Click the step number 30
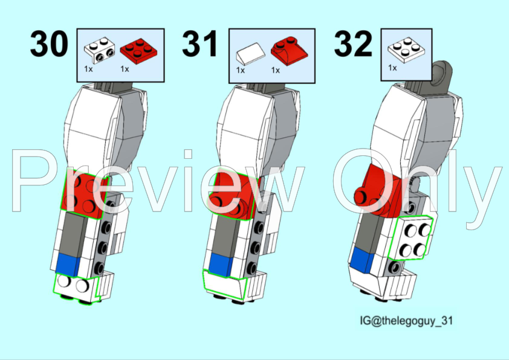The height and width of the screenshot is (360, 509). pyautogui.click(x=50, y=45)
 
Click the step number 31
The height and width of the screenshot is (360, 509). pyautogui.click(x=200, y=45)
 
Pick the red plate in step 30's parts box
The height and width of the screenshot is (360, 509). pyautogui.click(x=137, y=50)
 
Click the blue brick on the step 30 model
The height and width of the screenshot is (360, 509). pyautogui.click(x=68, y=263)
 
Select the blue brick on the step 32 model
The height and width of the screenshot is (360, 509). pyautogui.click(x=363, y=259)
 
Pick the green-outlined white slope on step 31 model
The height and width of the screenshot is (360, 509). pyautogui.click(x=225, y=283)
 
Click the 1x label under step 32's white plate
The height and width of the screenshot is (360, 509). pyautogui.click(x=392, y=68)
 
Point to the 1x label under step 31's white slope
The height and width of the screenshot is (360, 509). pyautogui.click(x=240, y=70)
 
